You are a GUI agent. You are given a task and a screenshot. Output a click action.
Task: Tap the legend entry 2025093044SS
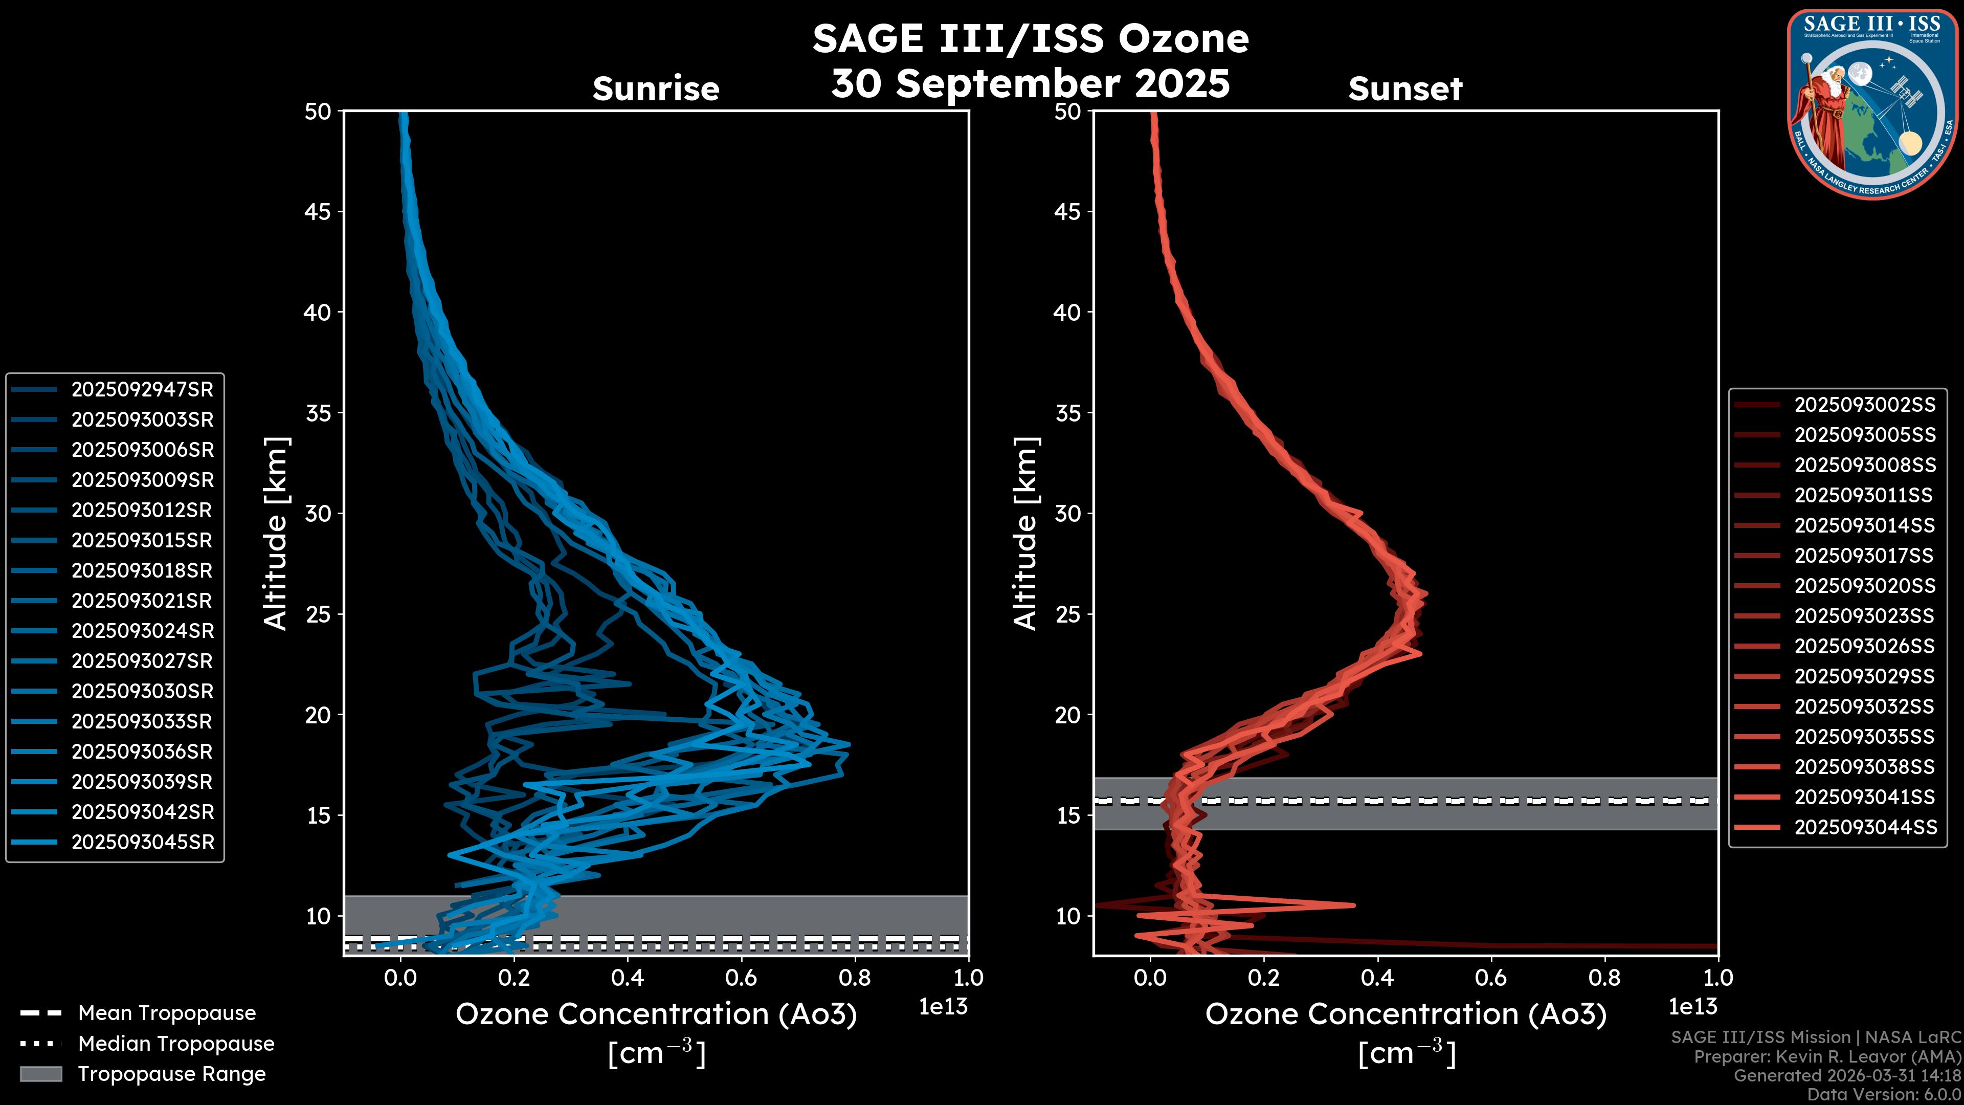click(1865, 827)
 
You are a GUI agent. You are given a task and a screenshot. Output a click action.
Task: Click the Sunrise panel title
click(656, 89)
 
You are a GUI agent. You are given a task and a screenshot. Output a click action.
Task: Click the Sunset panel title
click(1405, 89)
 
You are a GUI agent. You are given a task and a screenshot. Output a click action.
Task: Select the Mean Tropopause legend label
click(167, 1013)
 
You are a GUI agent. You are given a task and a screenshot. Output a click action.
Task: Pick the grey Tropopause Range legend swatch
click(40, 1074)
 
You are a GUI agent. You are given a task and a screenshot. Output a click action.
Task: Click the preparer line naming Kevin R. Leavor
click(1827, 1057)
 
